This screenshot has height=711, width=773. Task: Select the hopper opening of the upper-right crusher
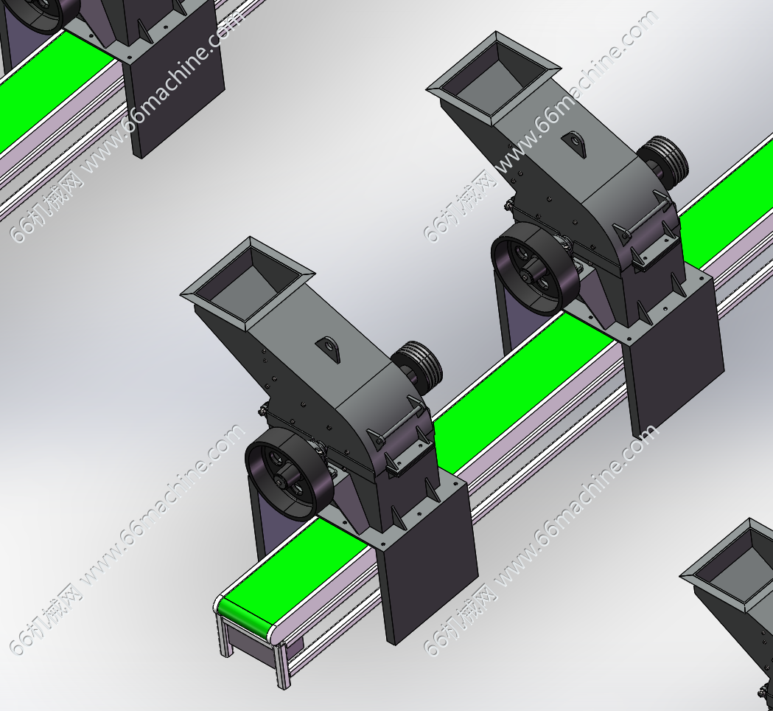tap(493, 79)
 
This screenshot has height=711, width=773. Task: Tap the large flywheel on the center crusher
tap(290, 474)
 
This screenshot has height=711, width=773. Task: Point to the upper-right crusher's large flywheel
tap(536, 269)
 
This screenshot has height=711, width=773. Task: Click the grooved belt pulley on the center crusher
tap(419, 364)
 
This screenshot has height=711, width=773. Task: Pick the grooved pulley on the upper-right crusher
tap(665, 159)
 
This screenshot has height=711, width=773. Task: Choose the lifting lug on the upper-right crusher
tap(574, 144)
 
